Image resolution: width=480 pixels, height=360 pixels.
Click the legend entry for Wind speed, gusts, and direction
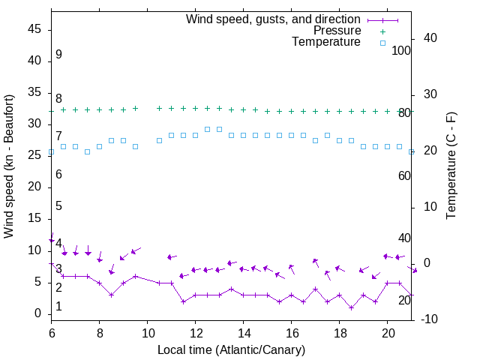(x=273, y=19)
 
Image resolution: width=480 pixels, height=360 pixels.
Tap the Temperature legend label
(x=326, y=43)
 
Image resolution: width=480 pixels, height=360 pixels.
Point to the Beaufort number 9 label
(x=58, y=55)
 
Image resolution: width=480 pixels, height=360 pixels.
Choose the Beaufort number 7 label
(x=58, y=136)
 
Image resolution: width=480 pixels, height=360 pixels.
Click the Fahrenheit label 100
(x=401, y=50)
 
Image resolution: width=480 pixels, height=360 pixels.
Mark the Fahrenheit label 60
(x=404, y=175)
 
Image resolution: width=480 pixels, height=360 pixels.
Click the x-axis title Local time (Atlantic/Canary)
(x=231, y=349)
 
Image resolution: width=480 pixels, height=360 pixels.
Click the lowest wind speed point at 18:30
(x=351, y=307)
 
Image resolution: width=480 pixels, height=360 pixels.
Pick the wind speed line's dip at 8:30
(x=111, y=295)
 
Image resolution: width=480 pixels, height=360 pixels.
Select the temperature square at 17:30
(x=327, y=136)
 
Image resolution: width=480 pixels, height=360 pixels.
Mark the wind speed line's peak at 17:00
(x=315, y=289)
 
